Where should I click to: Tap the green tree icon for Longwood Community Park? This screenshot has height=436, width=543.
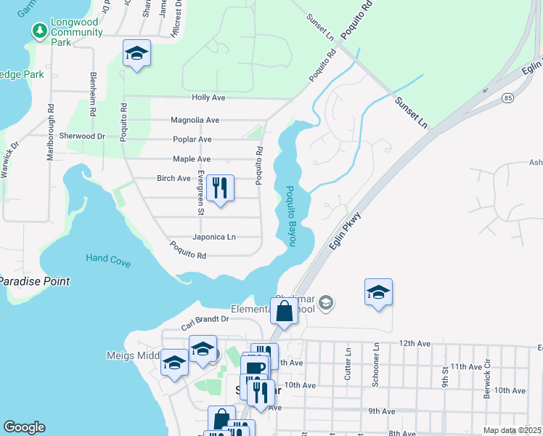[x=38, y=31]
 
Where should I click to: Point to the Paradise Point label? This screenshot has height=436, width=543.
[x=35, y=281]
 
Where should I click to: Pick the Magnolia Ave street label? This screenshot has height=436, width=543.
[x=195, y=121]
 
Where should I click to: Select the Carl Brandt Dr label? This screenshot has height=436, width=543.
[x=205, y=319]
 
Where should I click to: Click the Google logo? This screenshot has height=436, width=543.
[x=24, y=427]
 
